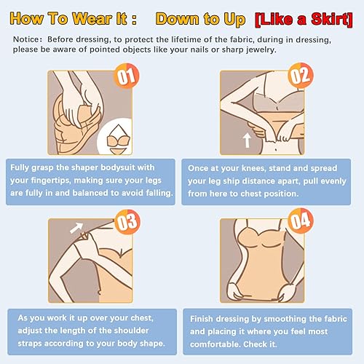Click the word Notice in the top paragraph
[x=26, y=38]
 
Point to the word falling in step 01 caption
[x=155, y=194]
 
